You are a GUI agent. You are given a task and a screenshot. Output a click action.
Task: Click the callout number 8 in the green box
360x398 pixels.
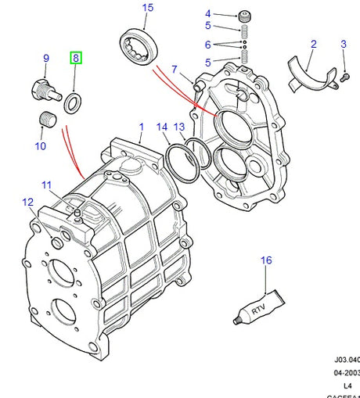point(76,58)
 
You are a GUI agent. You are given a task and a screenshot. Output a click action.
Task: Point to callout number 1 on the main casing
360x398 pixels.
point(142,126)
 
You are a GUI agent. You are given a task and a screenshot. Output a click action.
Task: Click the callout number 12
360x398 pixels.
point(27,203)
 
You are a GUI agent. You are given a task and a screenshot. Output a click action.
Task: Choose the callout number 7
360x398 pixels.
point(175,69)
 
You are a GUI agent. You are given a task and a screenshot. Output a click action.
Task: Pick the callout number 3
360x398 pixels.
point(343,44)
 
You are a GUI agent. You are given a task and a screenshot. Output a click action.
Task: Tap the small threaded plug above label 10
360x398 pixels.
point(46,120)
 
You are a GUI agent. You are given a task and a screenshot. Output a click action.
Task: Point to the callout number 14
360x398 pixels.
point(162,126)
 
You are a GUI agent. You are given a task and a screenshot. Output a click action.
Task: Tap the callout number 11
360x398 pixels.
point(46,185)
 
